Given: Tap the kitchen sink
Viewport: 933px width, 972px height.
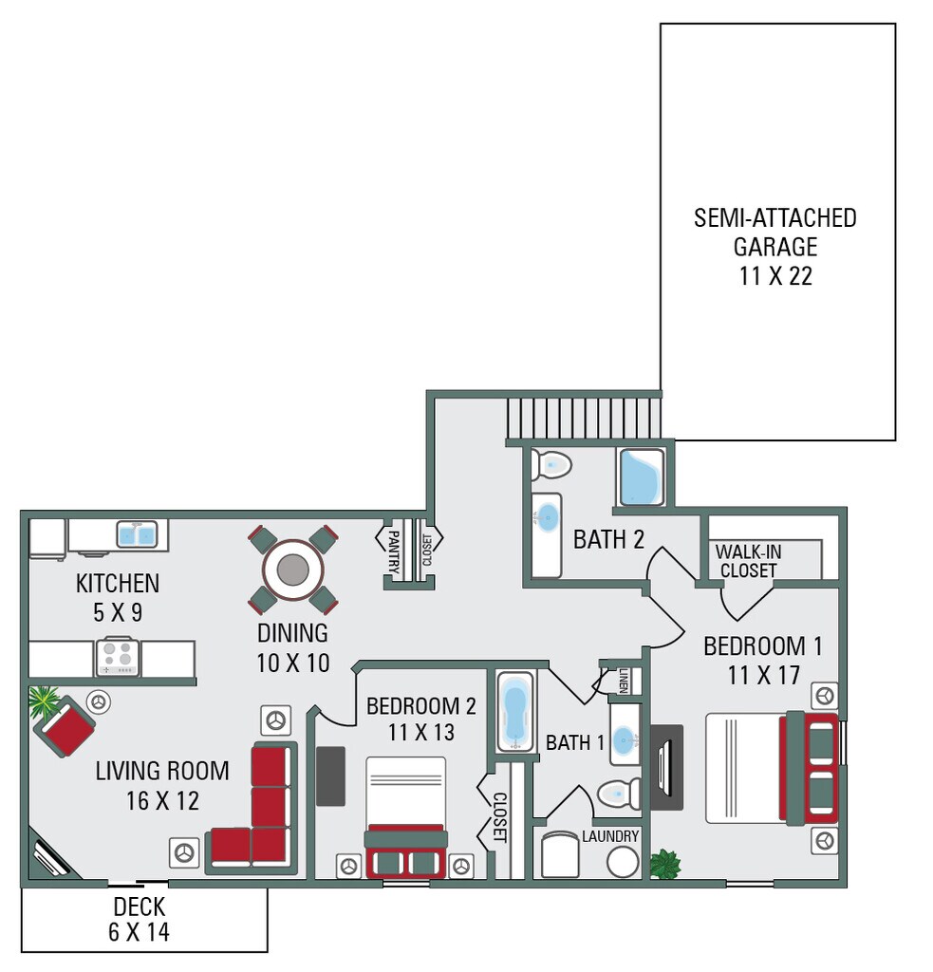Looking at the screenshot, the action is [137, 535].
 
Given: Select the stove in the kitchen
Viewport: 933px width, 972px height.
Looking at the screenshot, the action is [117, 655].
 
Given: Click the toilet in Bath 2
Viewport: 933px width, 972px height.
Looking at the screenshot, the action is [551, 465].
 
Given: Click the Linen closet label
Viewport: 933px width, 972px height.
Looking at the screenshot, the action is [624, 680].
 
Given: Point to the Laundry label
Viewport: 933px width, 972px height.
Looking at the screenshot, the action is [610, 836].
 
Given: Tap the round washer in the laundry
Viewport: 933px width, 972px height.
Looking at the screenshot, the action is [623, 862].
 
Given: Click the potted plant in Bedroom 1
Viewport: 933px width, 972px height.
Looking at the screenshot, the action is [664, 864].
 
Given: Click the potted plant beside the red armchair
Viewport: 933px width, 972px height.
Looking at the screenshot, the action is [43, 702].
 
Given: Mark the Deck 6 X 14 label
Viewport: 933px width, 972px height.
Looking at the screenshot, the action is [139, 919].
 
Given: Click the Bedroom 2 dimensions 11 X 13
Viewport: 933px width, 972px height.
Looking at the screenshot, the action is [420, 732].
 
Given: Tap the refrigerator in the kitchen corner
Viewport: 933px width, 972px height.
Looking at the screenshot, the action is [47, 539].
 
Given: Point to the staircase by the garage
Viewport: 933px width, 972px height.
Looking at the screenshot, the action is [582, 416].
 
